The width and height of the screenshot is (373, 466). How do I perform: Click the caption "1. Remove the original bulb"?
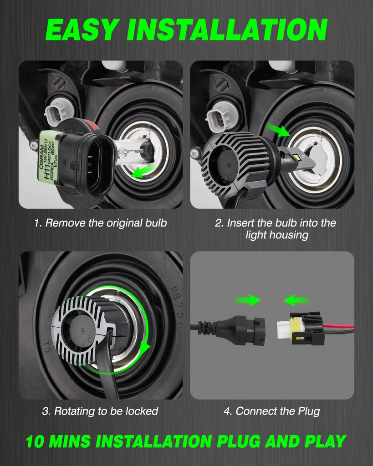(100, 223)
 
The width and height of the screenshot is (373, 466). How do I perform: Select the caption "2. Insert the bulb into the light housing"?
(276, 229)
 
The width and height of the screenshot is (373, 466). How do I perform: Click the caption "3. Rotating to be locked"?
(100, 411)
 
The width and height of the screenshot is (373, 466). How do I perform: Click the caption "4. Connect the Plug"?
(272, 411)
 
